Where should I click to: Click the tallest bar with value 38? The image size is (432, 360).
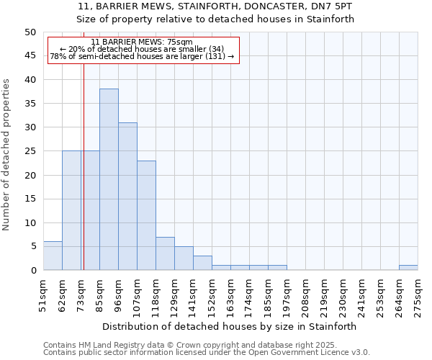[109, 179]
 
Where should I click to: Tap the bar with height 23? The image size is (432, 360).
[146, 215]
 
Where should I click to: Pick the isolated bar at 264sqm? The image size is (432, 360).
[408, 268]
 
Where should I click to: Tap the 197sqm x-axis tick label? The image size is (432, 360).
[287, 294]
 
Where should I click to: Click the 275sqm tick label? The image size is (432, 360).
[418, 294]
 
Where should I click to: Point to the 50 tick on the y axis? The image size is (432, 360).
[30, 32]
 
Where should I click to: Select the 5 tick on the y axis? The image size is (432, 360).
[32, 246]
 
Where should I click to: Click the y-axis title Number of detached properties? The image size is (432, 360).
[7, 155]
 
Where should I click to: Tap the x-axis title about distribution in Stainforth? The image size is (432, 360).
[230, 326]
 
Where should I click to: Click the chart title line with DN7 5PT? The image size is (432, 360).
[216, 6]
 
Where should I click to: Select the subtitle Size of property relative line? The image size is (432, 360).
[216, 19]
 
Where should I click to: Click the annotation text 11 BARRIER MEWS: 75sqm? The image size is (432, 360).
[142, 42]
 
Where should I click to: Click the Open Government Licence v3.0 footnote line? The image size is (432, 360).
[206, 352]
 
